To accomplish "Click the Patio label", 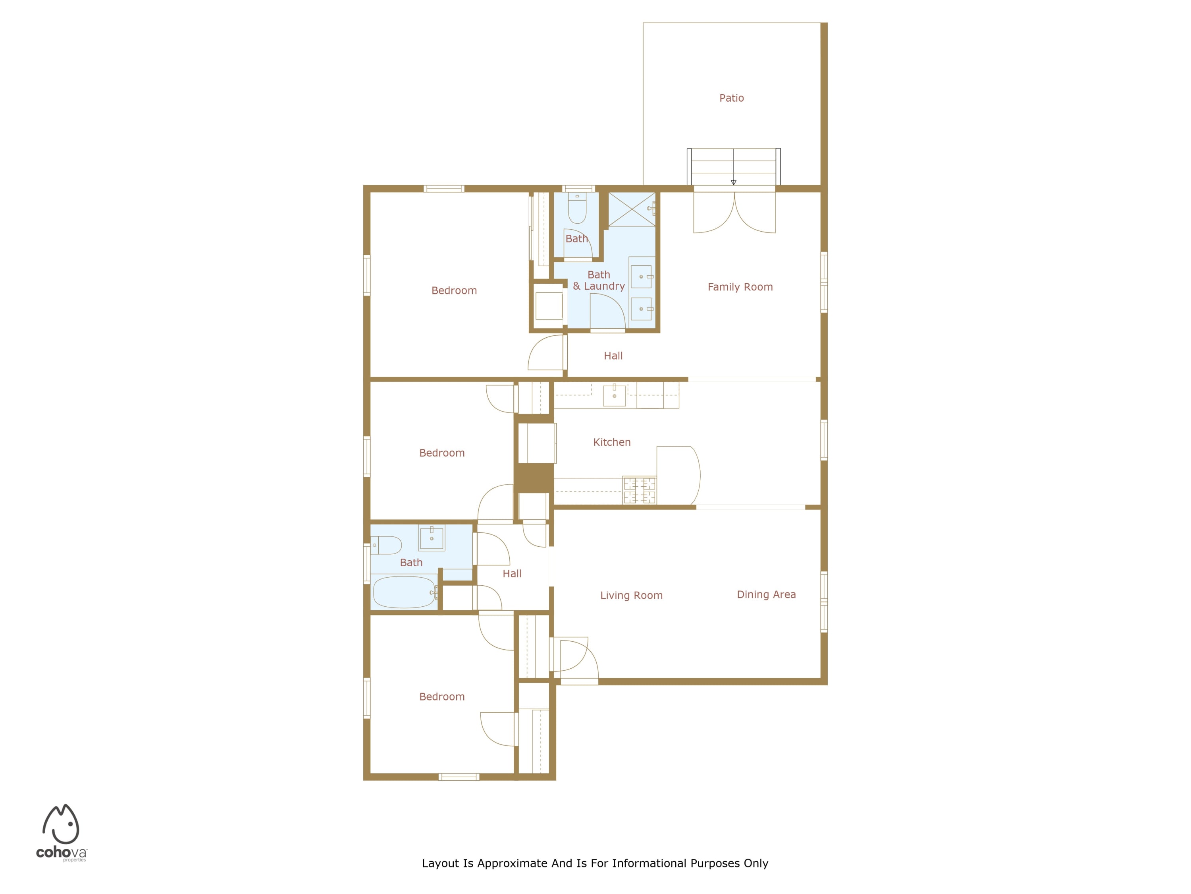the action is pos(731,98).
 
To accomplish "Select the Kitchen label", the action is pos(612,442).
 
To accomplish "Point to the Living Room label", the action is pos(631,596).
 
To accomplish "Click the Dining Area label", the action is pos(766,594).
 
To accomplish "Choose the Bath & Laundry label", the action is pos(599,280).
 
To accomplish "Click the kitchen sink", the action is pos(614,395).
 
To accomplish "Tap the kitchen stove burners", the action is pos(640,490).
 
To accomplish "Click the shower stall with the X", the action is pos(632,209).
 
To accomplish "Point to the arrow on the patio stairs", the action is pos(733,167).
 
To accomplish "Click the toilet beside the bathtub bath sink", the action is pos(386,546).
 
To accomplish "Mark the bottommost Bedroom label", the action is pos(441,697).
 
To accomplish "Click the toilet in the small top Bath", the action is pos(577,208).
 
